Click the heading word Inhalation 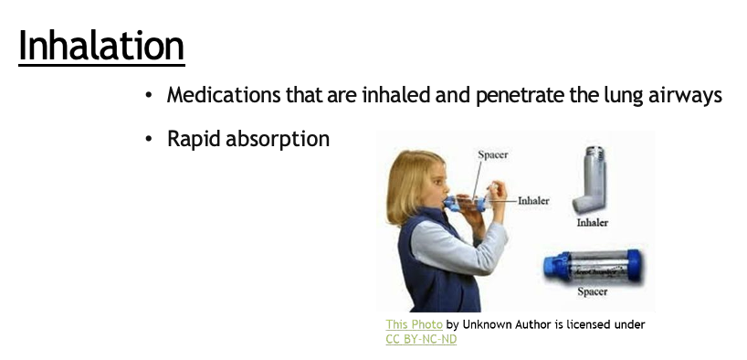(101, 45)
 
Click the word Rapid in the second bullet (195, 140)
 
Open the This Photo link (414, 324)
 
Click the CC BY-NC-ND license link (421, 339)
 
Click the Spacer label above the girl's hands (492, 155)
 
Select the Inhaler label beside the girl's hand (533, 200)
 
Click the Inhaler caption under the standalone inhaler (592, 222)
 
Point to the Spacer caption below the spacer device (592, 292)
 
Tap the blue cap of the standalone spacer (552, 266)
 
